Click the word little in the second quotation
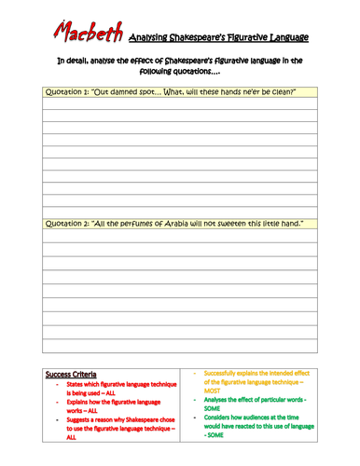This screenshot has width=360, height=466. point(279,224)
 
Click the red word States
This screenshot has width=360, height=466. point(77,385)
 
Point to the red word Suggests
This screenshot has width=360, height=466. point(82,421)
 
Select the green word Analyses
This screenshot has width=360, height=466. point(220,400)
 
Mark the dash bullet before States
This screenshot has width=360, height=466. point(58,385)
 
